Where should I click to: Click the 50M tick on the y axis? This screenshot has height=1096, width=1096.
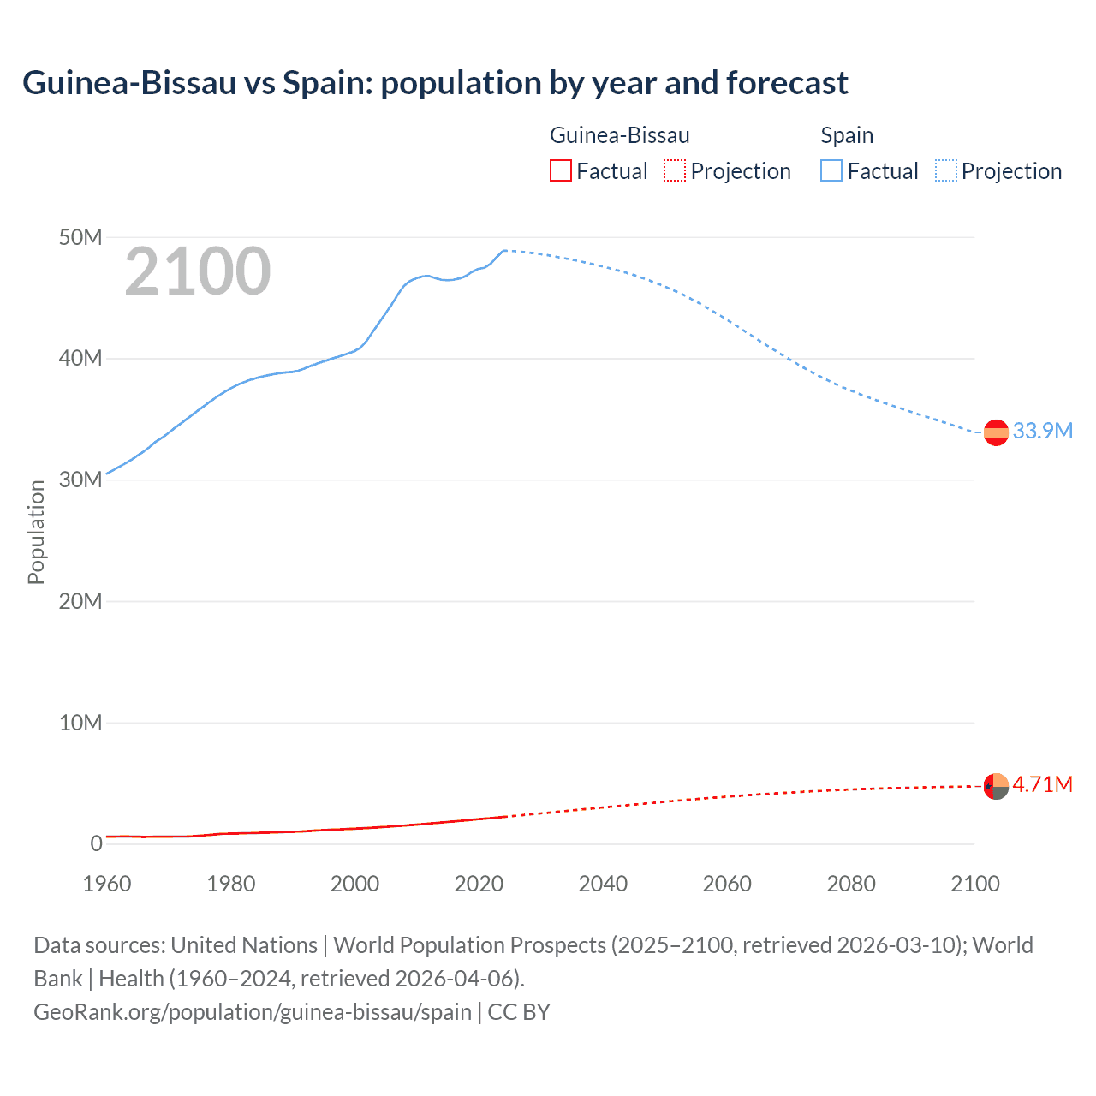click(x=80, y=237)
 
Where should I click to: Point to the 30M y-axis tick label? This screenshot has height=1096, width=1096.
click(x=80, y=479)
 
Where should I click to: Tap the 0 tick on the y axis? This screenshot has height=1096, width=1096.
click(x=96, y=843)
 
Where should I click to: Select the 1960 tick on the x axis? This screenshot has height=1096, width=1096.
click(x=107, y=883)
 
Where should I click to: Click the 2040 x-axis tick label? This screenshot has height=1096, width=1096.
click(x=603, y=883)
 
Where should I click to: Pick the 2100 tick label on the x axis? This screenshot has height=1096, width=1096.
click(x=974, y=883)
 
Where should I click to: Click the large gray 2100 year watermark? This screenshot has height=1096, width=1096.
click(x=198, y=271)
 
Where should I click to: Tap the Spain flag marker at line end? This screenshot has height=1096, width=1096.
click(x=996, y=432)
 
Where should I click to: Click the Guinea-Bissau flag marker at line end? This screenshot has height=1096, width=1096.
click(x=996, y=786)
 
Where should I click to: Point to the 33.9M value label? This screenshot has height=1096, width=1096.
click(x=1042, y=431)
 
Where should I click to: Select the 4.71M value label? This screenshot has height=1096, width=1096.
click(x=1042, y=784)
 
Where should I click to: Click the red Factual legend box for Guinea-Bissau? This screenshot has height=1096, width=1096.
click(x=560, y=170)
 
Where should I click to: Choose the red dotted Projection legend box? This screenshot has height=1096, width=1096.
click(x=675, y=170)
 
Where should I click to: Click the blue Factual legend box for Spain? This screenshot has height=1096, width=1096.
click(x=831, y=170)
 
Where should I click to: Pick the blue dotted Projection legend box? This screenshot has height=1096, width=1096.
click(x=946, y=170)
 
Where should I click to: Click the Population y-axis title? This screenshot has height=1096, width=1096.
click(x=36, y=532)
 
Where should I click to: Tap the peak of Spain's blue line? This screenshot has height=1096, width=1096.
click(x=505, y=250)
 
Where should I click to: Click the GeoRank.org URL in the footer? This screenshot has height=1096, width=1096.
click(x=253, y=1011)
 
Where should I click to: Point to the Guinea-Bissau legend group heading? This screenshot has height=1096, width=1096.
click(x=619, y=135)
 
